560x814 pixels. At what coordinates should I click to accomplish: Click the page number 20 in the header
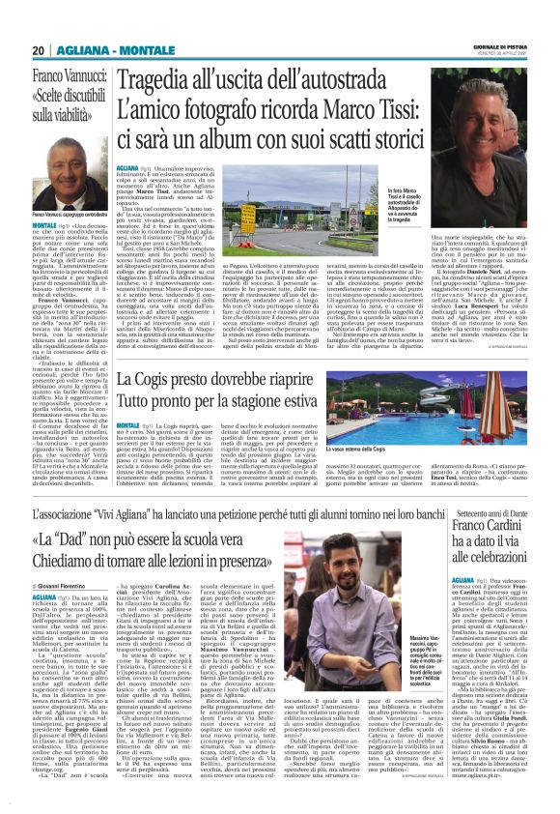[40, 50]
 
